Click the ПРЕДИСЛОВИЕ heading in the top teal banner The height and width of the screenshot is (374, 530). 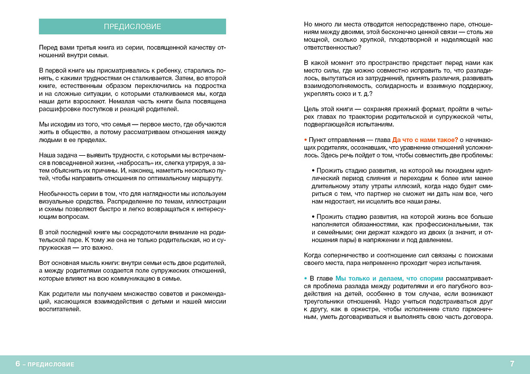coord(132,26)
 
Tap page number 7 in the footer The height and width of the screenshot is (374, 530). coord(512,364)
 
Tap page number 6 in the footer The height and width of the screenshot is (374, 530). coord(18,364)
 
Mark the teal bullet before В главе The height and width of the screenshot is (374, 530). coord(305,278)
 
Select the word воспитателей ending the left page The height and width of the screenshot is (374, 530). coord(60,309)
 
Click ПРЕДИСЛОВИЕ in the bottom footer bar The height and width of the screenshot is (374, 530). coord(51,364)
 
